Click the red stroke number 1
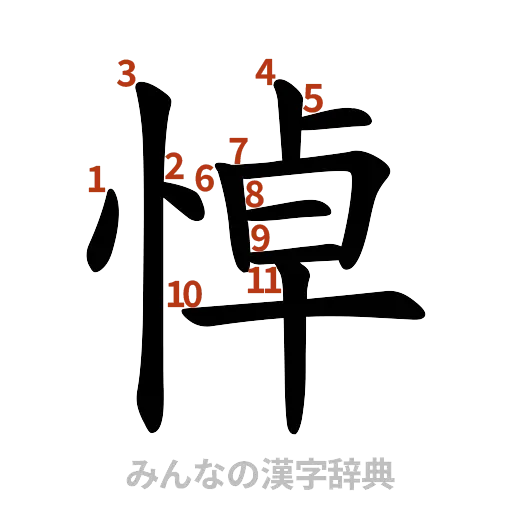point(96,180)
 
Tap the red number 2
point(174,167)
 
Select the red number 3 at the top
point(126,73)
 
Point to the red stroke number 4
point(266,71)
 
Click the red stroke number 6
point(205,178)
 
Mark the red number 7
point(237,149)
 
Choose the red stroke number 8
point(255,193)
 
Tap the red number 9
point(259,238)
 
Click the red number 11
point(264,281)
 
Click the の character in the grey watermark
point(236,473)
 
